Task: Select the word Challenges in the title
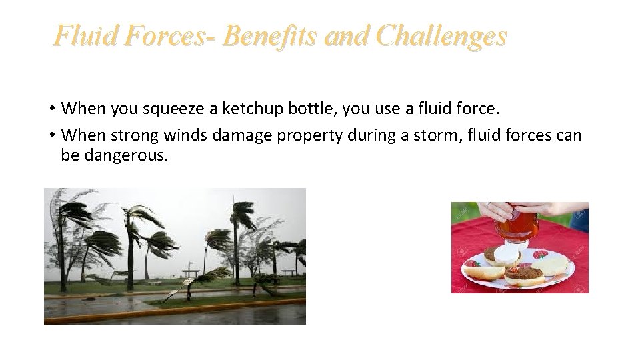click(441, 36)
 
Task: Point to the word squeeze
click(172, 108)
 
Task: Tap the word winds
click(185, 135)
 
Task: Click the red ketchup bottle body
click(517, 226)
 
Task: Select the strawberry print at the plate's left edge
click(472, 263)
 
